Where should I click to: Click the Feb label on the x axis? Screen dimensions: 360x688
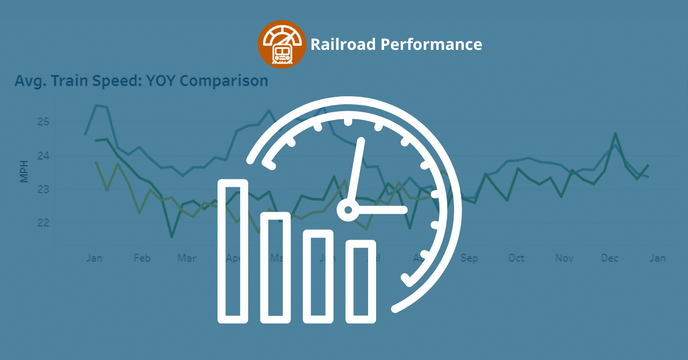click(142, 258)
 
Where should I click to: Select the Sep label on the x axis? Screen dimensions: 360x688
click(469, 258)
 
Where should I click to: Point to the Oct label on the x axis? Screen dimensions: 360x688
click(517, 258)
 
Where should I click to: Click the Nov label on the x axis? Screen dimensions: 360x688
click(564, 258)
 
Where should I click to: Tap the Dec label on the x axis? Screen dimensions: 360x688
click(610, 258)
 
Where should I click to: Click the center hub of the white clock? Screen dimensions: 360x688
click(347, 210)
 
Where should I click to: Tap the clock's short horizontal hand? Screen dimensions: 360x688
click(381, 210)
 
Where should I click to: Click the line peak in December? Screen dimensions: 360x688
click(615, 134)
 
